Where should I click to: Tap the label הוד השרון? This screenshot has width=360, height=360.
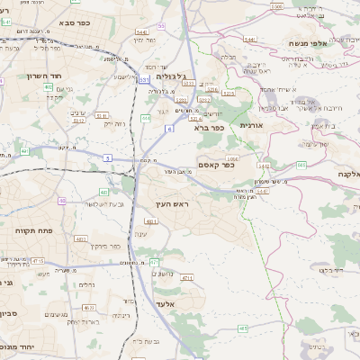tap(42, 76)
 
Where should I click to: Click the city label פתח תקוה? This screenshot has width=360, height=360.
tap(33, 231)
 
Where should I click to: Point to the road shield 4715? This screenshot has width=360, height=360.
tap(38, 261)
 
